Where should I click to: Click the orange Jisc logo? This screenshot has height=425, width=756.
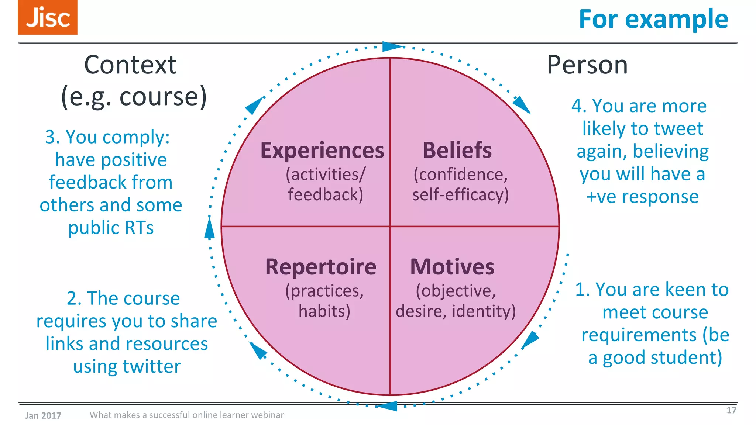click(x=48, y=17)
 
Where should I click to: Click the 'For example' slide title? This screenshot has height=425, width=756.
click(x=653, y=19)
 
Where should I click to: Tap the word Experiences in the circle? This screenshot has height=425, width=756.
click(x=322, y=151)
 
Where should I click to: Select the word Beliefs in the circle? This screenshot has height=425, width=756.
click(x=457, y=151)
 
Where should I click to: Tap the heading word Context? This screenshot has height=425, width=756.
click(x=130, y=65)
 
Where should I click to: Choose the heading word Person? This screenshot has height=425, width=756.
click(x=587, y=65)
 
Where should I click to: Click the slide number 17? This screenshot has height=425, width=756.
click(x=731, y=410)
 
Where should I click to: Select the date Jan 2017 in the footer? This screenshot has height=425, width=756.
click(x=43, y=415)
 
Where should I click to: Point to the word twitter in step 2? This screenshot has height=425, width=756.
click(x=152, y=367)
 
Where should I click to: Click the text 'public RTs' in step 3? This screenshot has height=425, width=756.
click(x=111, y=228)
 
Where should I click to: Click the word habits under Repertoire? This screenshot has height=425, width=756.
click(x=324, y=311)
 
